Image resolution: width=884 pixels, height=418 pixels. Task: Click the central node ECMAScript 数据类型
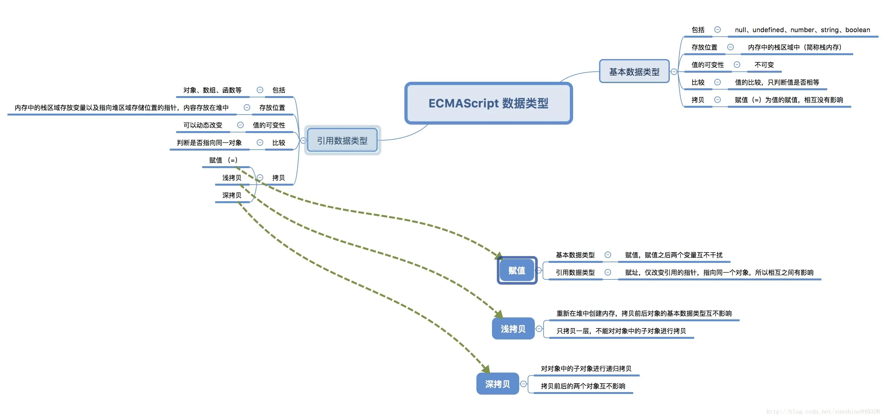pos(488,103)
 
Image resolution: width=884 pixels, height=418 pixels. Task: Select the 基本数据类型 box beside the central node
pos(634,71)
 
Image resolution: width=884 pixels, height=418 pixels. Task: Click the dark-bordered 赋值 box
pos(517,270)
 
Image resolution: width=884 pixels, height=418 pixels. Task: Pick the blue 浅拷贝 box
pos(513,329)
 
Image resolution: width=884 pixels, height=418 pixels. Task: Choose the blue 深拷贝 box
pos(497,384)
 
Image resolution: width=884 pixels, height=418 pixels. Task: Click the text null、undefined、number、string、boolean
pos(802,30)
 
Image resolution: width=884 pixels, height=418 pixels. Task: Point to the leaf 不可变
pos(764,65)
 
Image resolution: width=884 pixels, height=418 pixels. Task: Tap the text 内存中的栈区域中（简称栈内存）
pos(795,47)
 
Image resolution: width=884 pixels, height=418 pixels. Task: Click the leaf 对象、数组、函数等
pos(213,90)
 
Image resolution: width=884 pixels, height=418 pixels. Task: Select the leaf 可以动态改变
pos(203,125)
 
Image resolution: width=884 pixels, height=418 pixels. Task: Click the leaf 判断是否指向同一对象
pos(209,142)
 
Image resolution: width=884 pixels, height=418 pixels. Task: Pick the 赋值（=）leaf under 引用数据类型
pos(223,160)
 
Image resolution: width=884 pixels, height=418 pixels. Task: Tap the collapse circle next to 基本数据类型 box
pos(674,72)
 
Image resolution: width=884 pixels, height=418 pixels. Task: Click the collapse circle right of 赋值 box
pos(539,270)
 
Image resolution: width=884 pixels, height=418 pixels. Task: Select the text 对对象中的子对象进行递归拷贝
pos(586,369)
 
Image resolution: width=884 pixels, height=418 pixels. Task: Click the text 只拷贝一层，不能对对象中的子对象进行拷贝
pos(621,331)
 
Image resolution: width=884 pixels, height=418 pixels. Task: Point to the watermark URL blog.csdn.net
pos(823,411)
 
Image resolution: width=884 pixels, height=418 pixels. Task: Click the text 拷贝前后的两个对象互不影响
pos(583,386)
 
